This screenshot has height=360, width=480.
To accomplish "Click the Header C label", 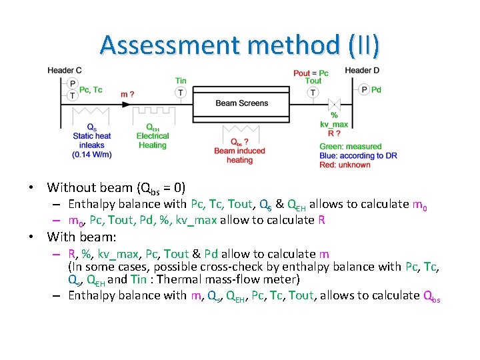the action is (65, 71).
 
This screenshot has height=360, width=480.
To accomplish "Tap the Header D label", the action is (362, 71).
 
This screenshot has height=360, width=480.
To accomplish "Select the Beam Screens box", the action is (242, 103).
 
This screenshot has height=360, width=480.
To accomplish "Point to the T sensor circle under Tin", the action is (181, 93).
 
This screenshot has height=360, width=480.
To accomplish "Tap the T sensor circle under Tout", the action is (313, 93).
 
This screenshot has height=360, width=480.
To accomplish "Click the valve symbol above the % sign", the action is (334, 104).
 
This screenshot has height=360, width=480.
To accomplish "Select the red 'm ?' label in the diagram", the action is (127, 94).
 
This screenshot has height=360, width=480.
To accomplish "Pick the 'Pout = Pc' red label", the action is (311, 73).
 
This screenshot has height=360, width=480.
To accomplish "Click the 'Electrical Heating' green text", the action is (153, 141).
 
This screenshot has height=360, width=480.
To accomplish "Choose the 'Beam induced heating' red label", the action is (239, 155).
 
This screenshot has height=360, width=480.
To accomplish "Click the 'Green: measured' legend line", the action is (350, 147).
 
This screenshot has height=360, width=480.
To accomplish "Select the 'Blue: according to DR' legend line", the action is (358, 156).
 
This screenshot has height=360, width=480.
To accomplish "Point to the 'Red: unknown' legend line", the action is (345, 165).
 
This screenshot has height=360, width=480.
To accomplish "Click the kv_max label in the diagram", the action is (334, 124).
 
